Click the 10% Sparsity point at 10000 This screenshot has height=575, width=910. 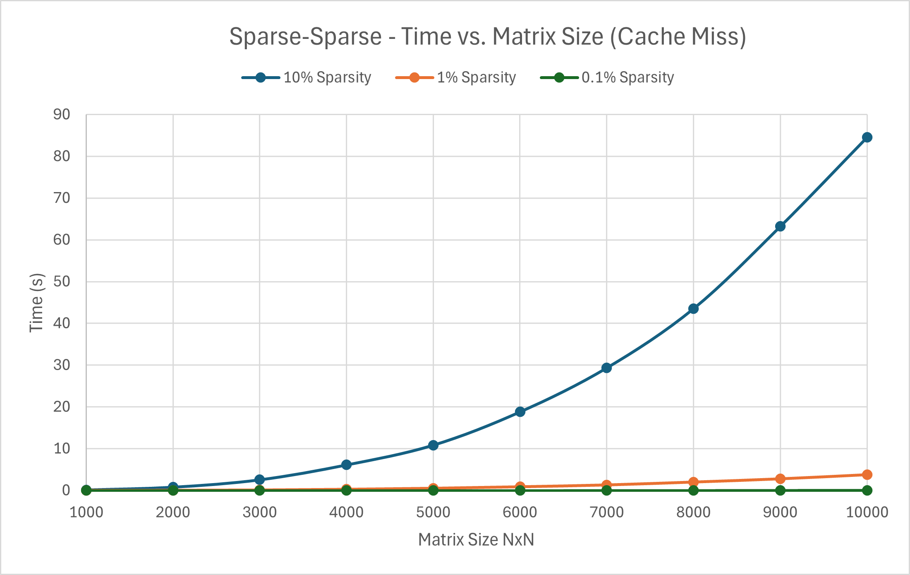pyautogui.click(x=867, y=137)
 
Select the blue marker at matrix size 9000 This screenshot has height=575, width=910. pyautogui.click(x=780, y=226)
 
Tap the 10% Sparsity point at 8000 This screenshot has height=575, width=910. pyautogui.click(x=693, y=309)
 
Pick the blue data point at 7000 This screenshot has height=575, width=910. pyautogui.click(x=606, y=368)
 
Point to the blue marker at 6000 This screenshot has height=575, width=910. pyautogui.click(x=520, y=412)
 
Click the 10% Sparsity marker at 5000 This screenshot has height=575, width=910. pyautogui.click(x=433, y=445)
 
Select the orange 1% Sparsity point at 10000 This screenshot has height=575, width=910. pyautogui.click(x=867, y=475)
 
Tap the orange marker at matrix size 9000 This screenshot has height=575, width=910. pyautogui.click(x=780, y=479)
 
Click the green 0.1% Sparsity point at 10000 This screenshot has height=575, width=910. pyautogui.click(x=867, y=491)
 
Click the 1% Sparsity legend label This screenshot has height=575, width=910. pyautogui.click(x=476, y=78)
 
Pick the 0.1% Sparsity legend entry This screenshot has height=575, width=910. pyautogui.click(x=627, y=78)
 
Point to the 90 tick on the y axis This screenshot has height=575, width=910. pyautogui.click(x=62, y=115)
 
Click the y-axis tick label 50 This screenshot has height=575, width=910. pyautogui.click(x=62, y=281)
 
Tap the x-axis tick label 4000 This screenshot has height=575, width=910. pyautogui.click(x=346, y=512)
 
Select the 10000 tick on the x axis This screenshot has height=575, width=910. pyautogui.click(x=867, y=512)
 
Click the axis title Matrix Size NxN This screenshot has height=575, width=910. pyautogui.click(x=476, y=540)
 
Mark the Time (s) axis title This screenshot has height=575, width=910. pyautogui.click(x=36, y=302)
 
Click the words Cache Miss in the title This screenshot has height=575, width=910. pyautogui.click(x=678, y=36)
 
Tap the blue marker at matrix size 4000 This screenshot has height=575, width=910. pyautogui.click(x=346, y=465)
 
